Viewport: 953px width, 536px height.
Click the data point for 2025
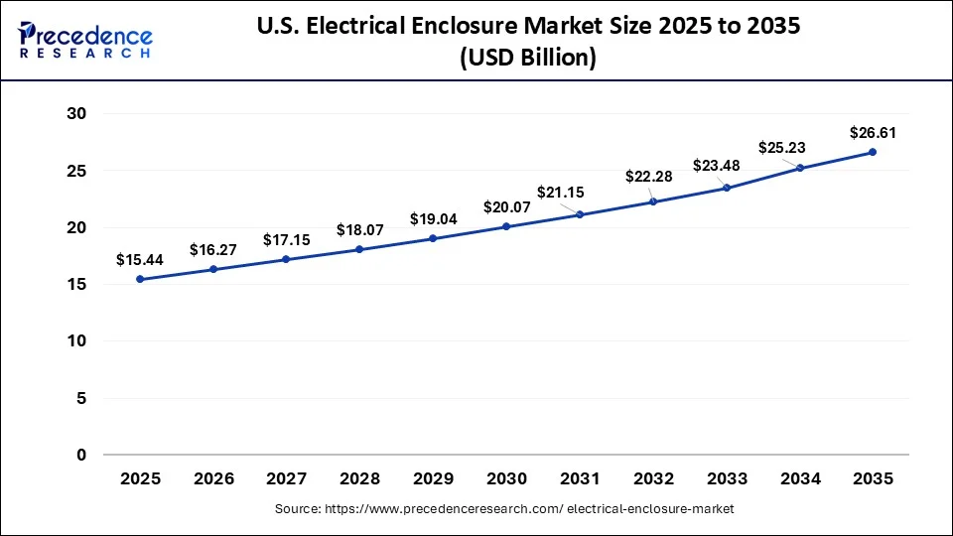[x=140, y=279]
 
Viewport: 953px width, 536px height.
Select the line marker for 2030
[x=506, y=226]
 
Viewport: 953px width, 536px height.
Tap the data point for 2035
[x=873, y=152]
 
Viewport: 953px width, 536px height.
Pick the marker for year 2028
[x=359, y=249]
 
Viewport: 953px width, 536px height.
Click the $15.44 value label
[x=140, y=260]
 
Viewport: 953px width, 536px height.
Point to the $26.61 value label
[x=873, y=132]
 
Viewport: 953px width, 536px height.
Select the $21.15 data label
[x=562, y=192]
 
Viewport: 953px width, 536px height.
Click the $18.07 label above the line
[x=359, y=229]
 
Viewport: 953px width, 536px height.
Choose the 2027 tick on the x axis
[x=286, y=478]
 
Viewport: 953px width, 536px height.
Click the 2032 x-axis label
[x=652, y=478]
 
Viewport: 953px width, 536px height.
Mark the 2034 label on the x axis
[x=799, y=478]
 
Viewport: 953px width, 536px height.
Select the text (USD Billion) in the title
[x=528, y=59]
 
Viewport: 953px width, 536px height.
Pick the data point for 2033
[x=727, y=188]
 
